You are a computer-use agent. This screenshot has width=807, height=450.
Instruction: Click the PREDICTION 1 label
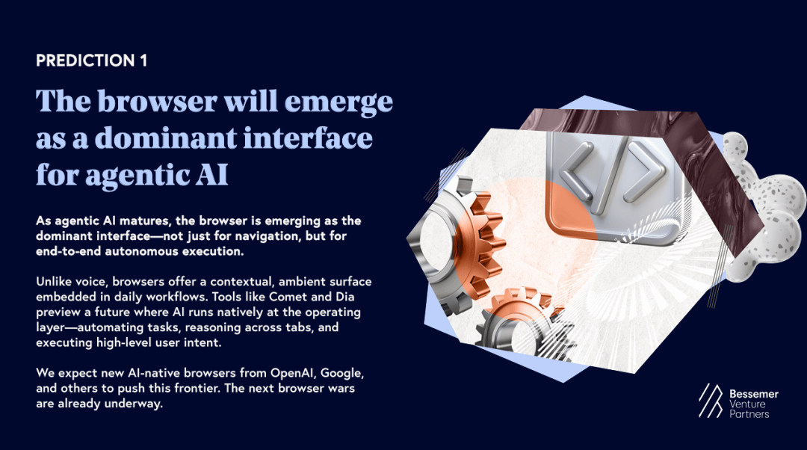pos(92,61)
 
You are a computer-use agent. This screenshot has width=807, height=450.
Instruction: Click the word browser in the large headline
pos(158,101)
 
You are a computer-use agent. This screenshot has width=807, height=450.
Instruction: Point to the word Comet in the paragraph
pos(288,297)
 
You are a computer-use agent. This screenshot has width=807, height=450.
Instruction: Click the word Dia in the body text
pos(344,297)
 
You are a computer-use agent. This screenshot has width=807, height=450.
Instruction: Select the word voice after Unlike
pos(92,282)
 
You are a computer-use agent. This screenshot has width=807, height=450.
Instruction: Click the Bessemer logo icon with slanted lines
pos(711,401)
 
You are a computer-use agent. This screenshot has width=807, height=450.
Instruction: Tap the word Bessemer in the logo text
pos(753,394)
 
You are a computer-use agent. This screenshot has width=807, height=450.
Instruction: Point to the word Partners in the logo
pos(749,413)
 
